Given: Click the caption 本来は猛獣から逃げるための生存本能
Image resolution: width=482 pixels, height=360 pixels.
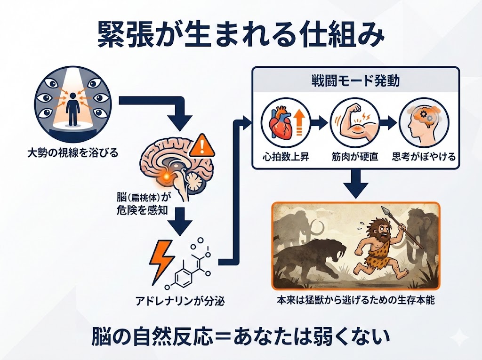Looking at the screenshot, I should pos(355,300).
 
